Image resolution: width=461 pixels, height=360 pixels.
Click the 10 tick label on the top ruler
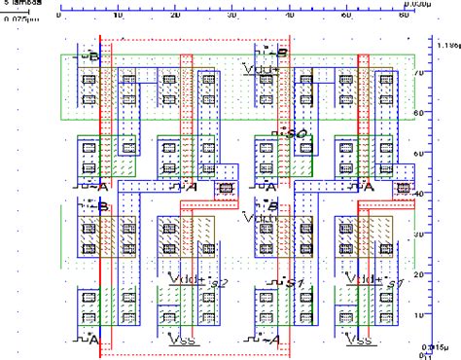pyautogui.click(x=118, y=16)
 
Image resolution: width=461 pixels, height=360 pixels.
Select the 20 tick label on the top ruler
pyautogui.click(x=175, y=16)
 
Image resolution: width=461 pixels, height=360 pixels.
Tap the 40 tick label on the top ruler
pyautogui.click(x=290, y=16)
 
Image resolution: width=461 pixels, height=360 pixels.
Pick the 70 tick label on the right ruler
pyautogui.click(x=418, y=73)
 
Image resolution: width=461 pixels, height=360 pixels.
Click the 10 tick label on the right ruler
pyautogui.click(x=418, y=315)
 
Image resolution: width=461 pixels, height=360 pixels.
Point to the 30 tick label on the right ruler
pyautogui.click(x=418, y=234)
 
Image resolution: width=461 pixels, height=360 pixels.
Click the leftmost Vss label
pyautogui.click(x=179, y=340)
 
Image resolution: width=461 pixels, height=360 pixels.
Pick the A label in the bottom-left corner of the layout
pyautogui.click(x=91, y=340)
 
